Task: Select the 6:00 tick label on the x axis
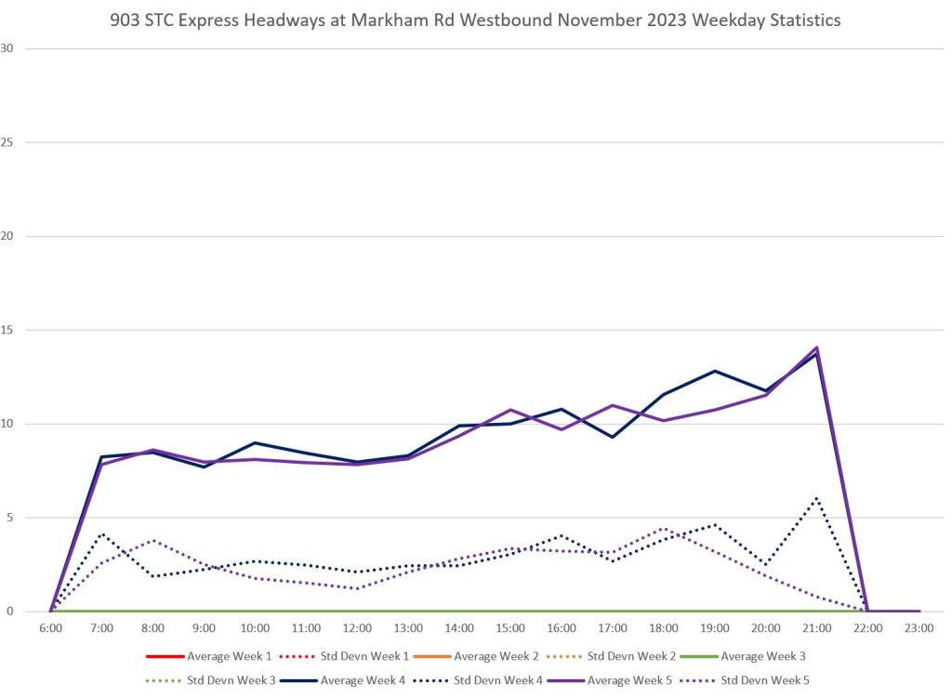[50, 629]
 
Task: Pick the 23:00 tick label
[919, 629]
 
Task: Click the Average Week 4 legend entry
[363, 680]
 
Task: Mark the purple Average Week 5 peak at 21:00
[816, 348]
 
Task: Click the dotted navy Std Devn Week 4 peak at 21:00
[816, 498]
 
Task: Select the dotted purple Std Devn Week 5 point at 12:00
[357, 588]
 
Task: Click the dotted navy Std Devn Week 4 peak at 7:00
[101, 533]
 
